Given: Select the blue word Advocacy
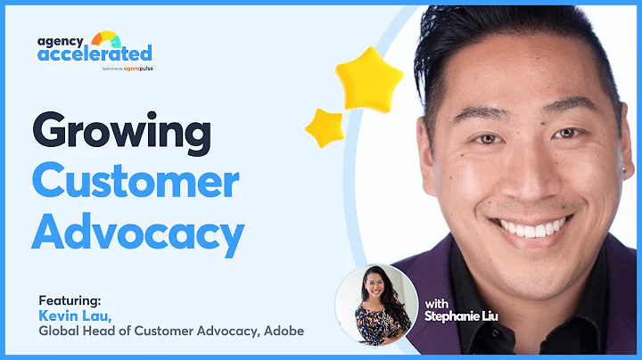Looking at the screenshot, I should (138, 233).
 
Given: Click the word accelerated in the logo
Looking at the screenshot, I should (95, 53).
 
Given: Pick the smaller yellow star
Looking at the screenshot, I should (325, 127).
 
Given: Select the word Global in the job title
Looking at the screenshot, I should (59, 331).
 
